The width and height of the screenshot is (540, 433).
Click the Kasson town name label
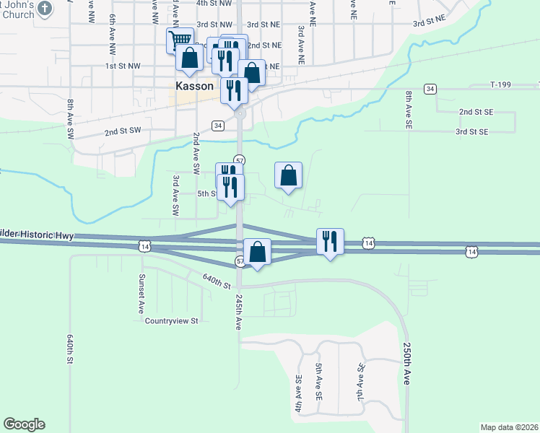[x=194, y=85]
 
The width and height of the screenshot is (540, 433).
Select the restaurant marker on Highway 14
[x=330, y=241]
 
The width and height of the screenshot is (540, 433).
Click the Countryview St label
[x=171, y=321]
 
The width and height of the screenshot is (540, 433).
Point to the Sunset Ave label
[x=141, y=289]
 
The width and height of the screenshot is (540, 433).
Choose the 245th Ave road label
[x=238, y=312]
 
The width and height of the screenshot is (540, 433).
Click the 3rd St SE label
[x=472, y=132]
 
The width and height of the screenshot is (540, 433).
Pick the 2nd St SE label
[x=475, y=113]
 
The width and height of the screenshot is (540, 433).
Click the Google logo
[x=24, y=424]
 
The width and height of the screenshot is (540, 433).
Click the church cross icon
[x=45, y=9]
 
